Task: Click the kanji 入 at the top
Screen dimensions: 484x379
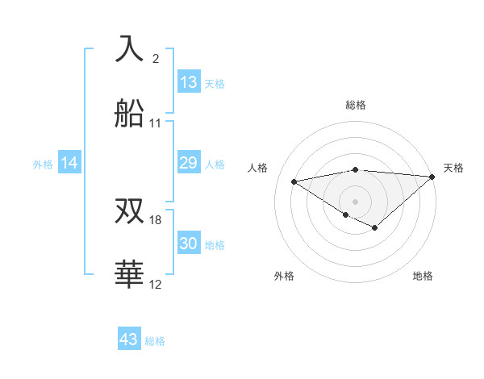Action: (x=130, y=49)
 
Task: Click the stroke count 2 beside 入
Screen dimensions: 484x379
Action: (x=156, y=59)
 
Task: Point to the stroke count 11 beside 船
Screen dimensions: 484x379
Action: (x=156, y=123)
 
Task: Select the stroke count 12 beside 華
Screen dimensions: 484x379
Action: (x=156, y=285)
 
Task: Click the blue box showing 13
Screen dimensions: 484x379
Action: (x=189, y=82)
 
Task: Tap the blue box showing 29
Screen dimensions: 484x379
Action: (x=189, y=163)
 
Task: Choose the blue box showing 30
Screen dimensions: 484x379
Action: (x=189, y=244)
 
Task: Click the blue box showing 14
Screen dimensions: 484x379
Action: (x=69, y=163)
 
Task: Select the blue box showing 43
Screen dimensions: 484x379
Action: (x=129, y=339)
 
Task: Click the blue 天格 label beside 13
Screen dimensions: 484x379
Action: (x=215, y=83)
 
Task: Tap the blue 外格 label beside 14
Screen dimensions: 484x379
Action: (x=43, y=164)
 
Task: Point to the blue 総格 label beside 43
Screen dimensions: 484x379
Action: (x=155, y=340)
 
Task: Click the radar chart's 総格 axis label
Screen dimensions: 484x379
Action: (x=355, y=105)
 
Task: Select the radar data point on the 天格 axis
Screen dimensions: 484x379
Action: (x=432, y=177)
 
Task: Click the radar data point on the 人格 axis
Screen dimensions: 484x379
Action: (x=294, y=181)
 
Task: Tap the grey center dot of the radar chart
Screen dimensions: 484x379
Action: (x=355, y=201)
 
